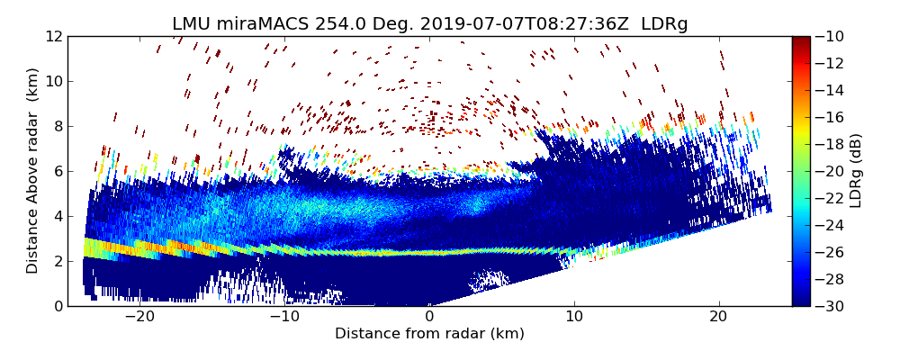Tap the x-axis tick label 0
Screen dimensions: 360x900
(429, 317)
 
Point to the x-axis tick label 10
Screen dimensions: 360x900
(574, 317)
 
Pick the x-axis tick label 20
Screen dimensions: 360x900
(719, 317)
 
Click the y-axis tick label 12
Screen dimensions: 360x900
(53, 36)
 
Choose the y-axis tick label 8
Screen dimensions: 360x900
(57, 126)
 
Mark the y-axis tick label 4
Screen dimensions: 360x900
(57, 216)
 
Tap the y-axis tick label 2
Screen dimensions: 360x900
(57, 261)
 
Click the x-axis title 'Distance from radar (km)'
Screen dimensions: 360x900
(429, 334)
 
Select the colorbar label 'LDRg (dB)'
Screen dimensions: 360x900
(856, 171)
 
